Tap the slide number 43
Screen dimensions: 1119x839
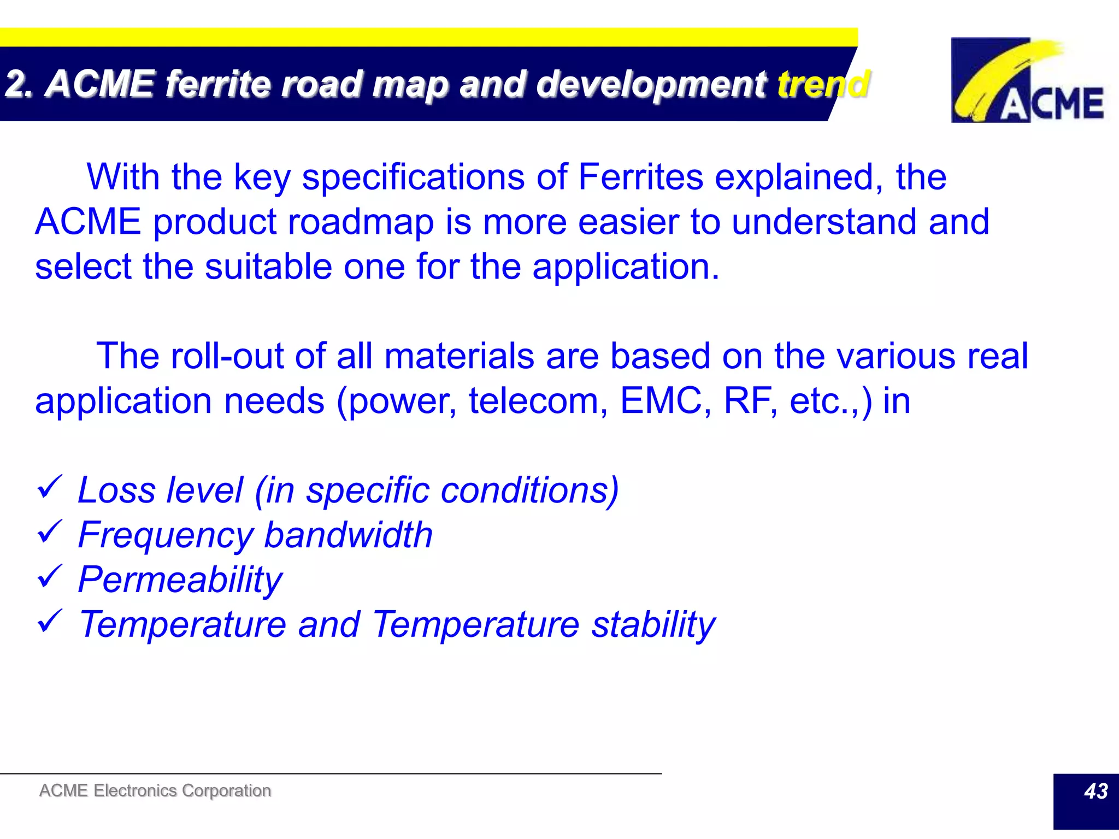(1095, 791)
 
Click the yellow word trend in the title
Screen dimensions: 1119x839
(823, 84)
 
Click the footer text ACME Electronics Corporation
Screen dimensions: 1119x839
(155, 790)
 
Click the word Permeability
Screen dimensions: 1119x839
(180, 580)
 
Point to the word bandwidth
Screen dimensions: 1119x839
(349, 535)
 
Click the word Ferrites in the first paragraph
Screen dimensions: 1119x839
(640, 177)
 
